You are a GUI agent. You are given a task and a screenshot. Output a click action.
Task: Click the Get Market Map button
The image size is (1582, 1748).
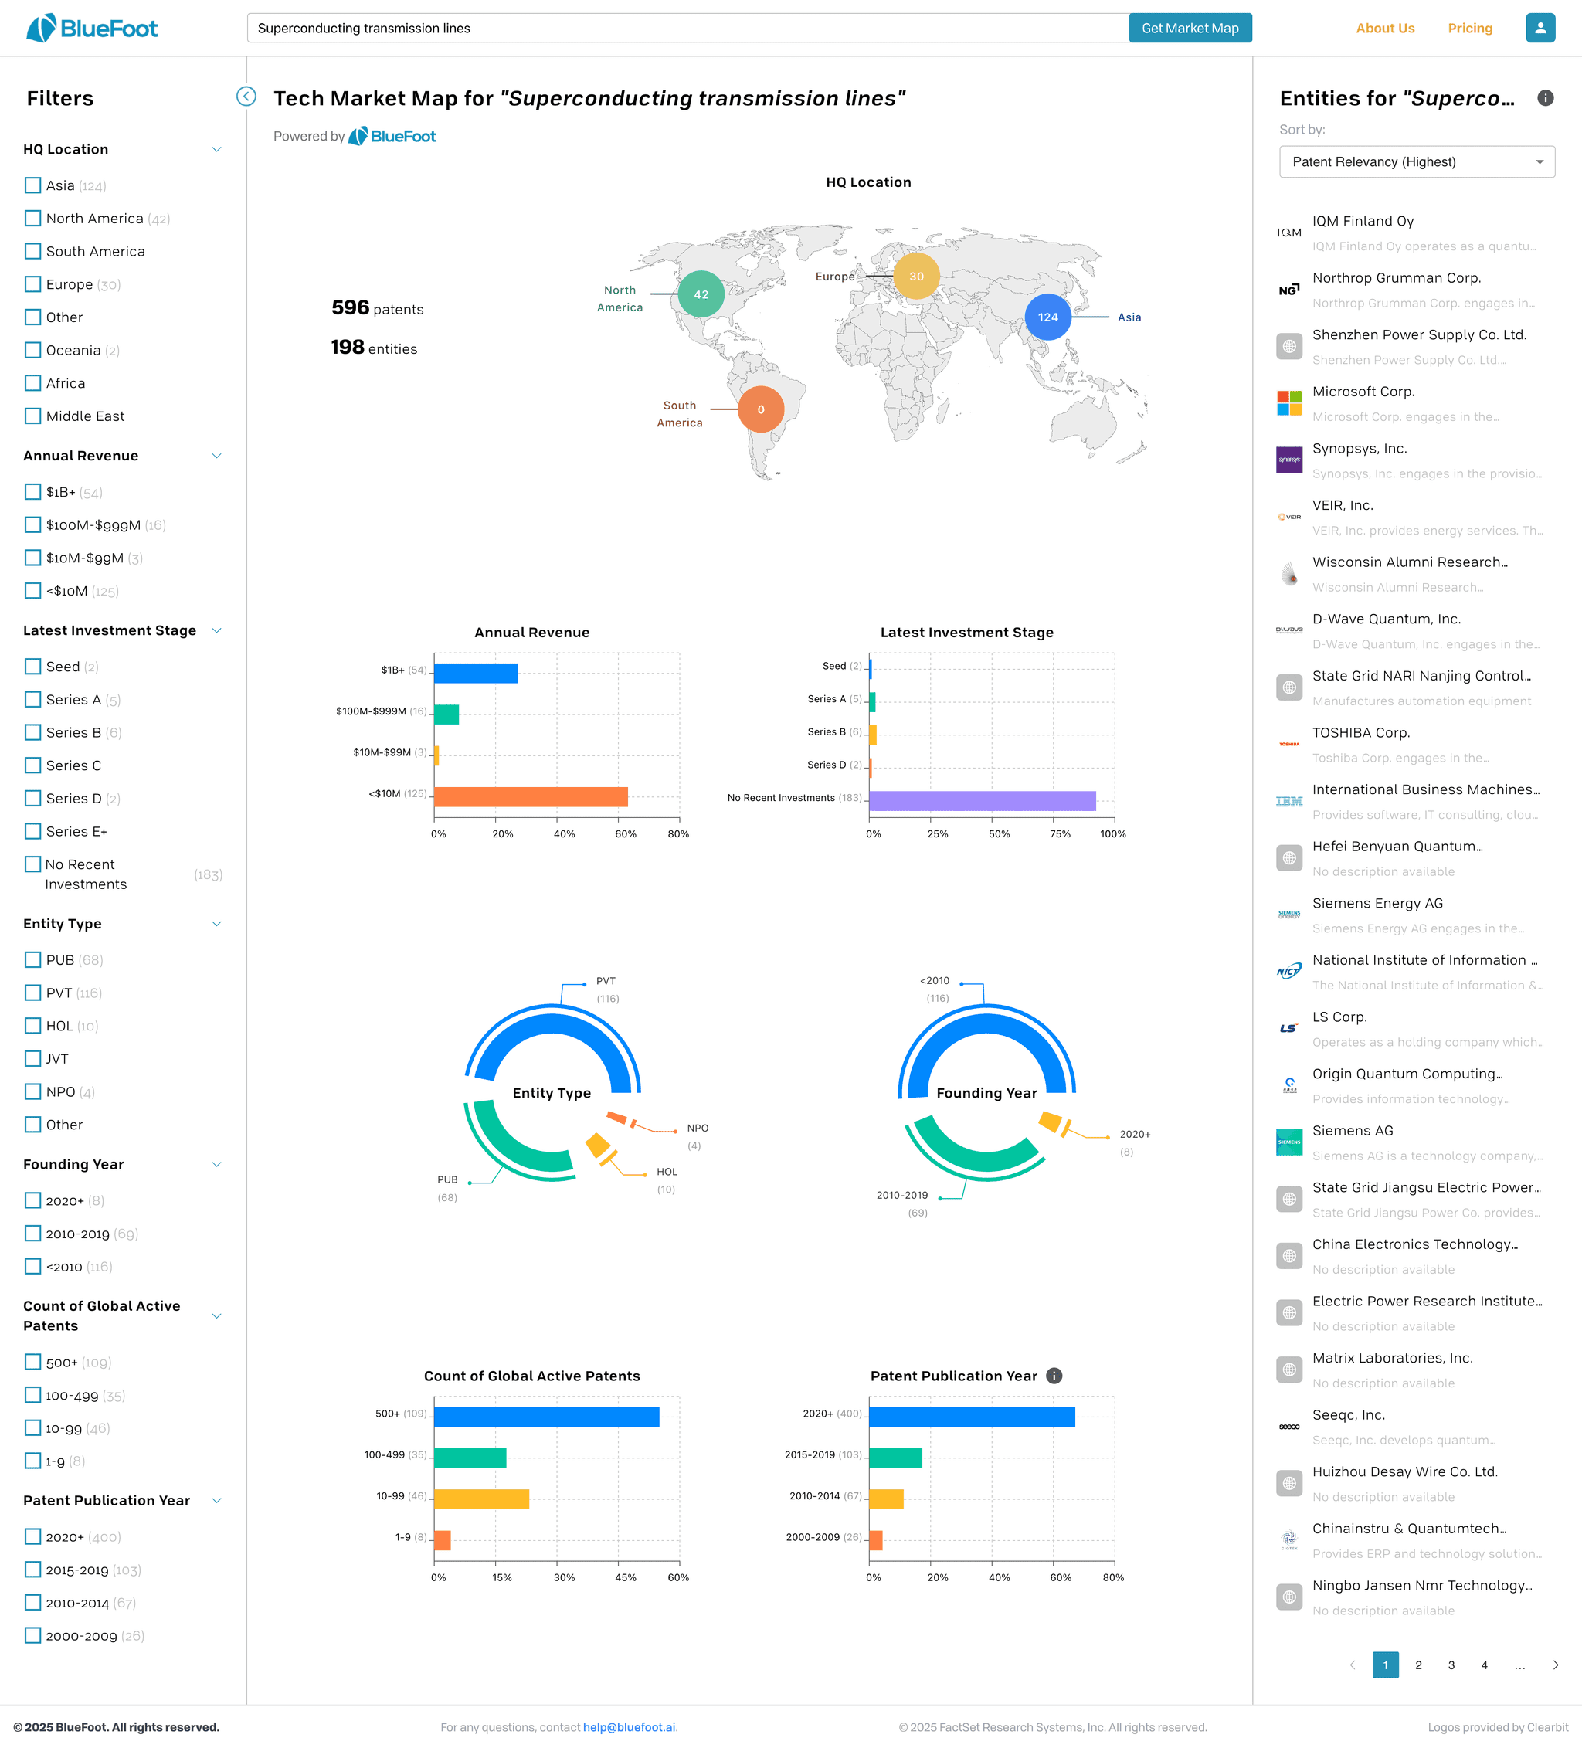[1189, 28]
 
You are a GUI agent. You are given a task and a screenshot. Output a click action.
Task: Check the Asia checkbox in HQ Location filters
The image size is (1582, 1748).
[33, 185]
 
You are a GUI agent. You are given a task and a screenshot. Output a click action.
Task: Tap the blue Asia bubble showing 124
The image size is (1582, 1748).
[1047, 317]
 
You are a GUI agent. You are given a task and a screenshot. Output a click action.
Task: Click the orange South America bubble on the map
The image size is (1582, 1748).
[761, 409]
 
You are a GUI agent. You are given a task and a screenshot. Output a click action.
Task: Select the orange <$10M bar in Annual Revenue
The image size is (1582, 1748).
[530, 797]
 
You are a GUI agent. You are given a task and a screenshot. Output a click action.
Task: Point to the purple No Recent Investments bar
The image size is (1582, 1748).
[982, 800]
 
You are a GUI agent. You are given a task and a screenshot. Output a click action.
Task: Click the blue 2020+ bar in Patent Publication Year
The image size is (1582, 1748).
[972, 1417]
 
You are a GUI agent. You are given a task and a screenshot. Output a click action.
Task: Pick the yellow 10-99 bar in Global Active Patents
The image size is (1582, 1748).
[481, 1499]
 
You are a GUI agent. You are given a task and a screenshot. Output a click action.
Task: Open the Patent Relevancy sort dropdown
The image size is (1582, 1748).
[1417, 162]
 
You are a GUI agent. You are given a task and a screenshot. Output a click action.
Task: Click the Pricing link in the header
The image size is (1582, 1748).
[1470, 29]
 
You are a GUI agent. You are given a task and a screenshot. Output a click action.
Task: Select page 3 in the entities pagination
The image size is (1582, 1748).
[1451, 1665]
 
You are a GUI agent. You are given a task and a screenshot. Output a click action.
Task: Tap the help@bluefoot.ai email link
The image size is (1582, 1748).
[629, 1727]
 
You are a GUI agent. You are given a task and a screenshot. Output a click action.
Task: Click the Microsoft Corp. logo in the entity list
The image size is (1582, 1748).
[1288, 403]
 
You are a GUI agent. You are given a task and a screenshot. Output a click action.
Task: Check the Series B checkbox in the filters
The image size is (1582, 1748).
[33, 733]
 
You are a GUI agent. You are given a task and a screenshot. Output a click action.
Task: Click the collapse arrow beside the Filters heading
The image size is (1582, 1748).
[246, 97]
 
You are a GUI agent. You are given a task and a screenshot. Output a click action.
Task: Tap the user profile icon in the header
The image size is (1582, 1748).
[1540, 28]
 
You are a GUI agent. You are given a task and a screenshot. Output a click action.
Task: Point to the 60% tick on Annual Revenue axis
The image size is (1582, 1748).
[626, 834]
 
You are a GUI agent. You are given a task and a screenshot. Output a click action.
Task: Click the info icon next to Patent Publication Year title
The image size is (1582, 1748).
[1054, 1376]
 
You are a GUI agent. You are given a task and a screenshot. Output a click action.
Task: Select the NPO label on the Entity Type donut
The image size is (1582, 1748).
[698, 1128]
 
